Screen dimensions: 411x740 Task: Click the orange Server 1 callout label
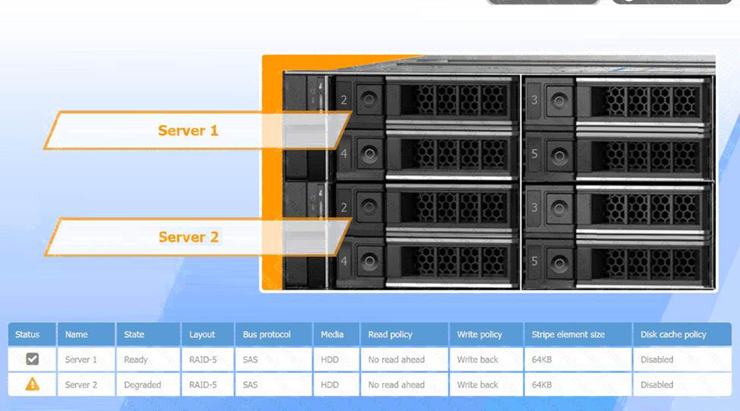click(x=188, y=131)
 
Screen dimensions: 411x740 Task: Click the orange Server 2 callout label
click(x=188, y=237)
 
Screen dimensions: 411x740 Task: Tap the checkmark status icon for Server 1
click(x=32, y=359)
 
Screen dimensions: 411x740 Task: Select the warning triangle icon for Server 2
click(x=32, y=384)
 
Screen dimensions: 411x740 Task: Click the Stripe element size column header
click(x=568, y=334)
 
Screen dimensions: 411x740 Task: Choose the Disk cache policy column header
click(x=673, y=334)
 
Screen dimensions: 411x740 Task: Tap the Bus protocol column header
click(x=267, y=334)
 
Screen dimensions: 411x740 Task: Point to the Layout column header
click(x=202, y=334)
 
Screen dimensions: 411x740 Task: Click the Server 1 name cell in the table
click(x=81, y=359)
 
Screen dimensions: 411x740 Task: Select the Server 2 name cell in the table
click(x=81, y=384)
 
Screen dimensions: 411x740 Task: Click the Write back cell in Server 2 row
click(x=478, y=384)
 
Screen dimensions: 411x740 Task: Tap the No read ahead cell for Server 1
click(x=397, y=359)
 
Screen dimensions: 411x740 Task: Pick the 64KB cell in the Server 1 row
click(x=542, y=359)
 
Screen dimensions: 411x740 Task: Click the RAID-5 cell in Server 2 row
click(x=203, y=384)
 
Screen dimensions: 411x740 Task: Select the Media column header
click(x=332, y=334)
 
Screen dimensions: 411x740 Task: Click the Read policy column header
click(x=391, y=334)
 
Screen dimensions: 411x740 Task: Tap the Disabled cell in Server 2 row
click(x=657, y=384)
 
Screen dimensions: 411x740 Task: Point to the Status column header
click(x=27, y=334)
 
